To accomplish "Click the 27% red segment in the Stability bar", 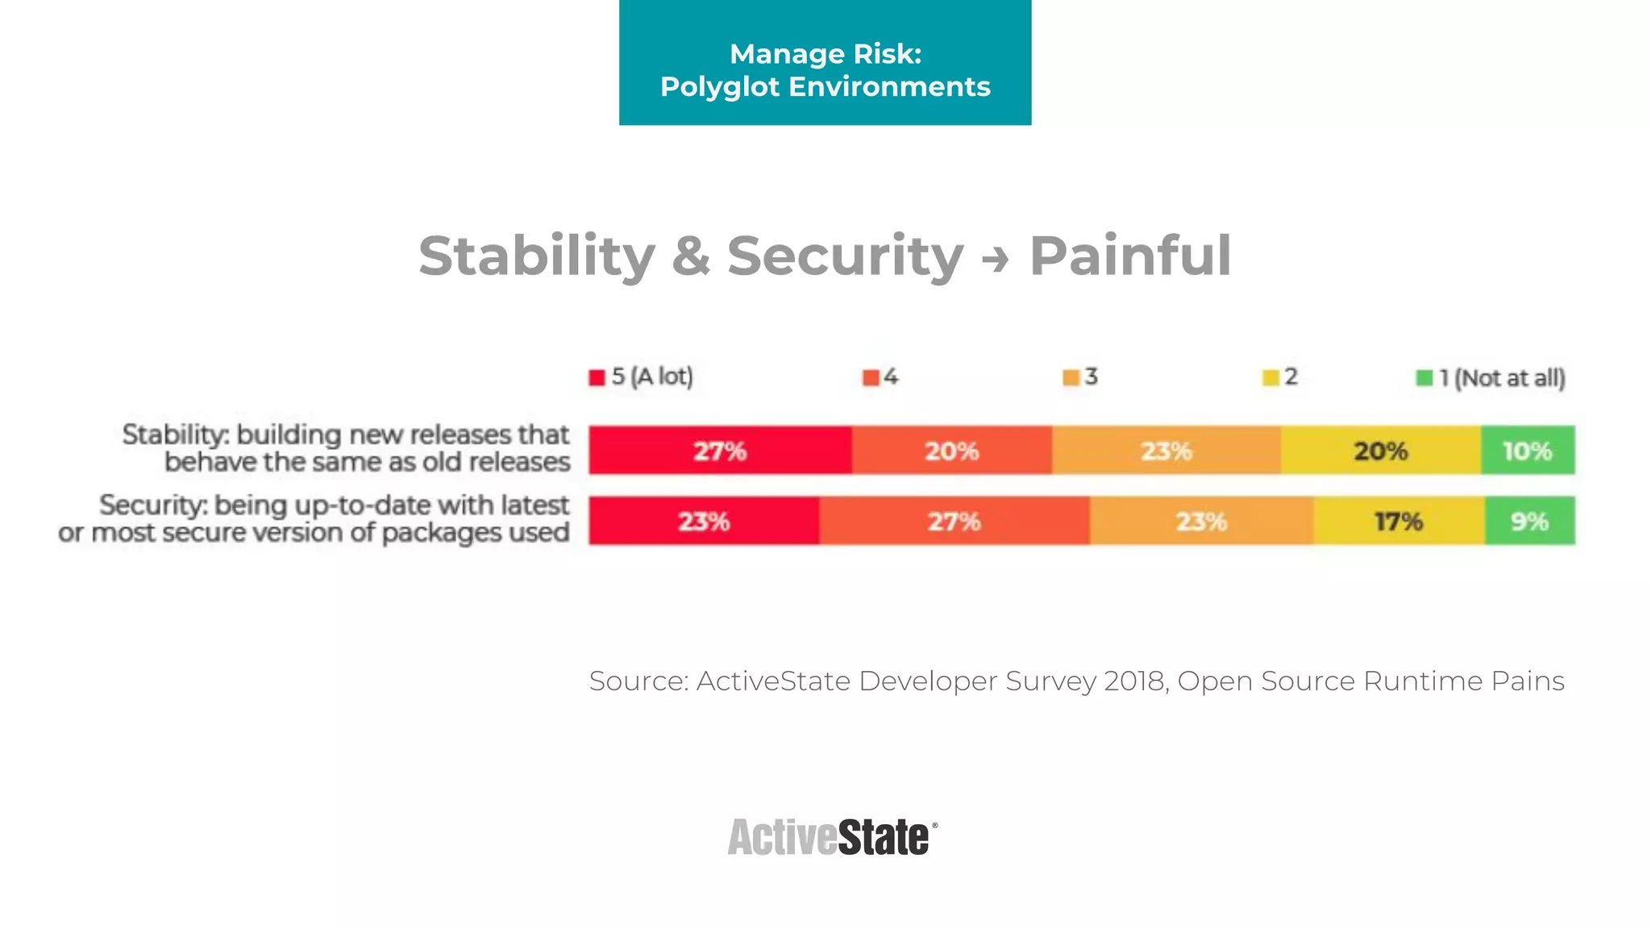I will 720,450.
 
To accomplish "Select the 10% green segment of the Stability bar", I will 1528,450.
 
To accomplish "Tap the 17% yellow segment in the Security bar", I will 1399,521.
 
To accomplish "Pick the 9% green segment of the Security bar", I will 1529,521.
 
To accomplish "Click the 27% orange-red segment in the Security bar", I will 954,521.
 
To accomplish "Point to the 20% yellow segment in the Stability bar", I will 1380,450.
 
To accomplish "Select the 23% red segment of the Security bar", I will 704,521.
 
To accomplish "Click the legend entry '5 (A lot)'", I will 642,377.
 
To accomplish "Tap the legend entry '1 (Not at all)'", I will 1491,377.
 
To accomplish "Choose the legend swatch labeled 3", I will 1071,377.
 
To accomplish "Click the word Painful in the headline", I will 1130,256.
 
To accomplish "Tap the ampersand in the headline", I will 691,256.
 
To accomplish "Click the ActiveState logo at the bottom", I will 831,837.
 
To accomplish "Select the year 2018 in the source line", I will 1135,681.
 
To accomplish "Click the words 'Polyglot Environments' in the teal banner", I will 825,86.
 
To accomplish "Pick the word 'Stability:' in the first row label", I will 175,435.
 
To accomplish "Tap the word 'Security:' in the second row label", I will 153,506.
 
